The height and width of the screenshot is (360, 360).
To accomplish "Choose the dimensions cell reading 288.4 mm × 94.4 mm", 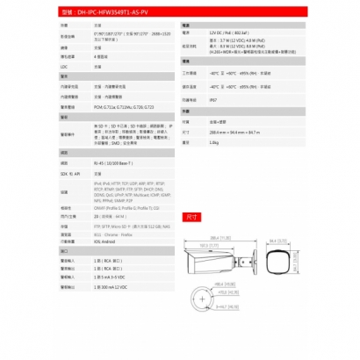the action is coord(234,131).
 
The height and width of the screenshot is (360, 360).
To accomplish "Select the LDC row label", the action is coord(63,65).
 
